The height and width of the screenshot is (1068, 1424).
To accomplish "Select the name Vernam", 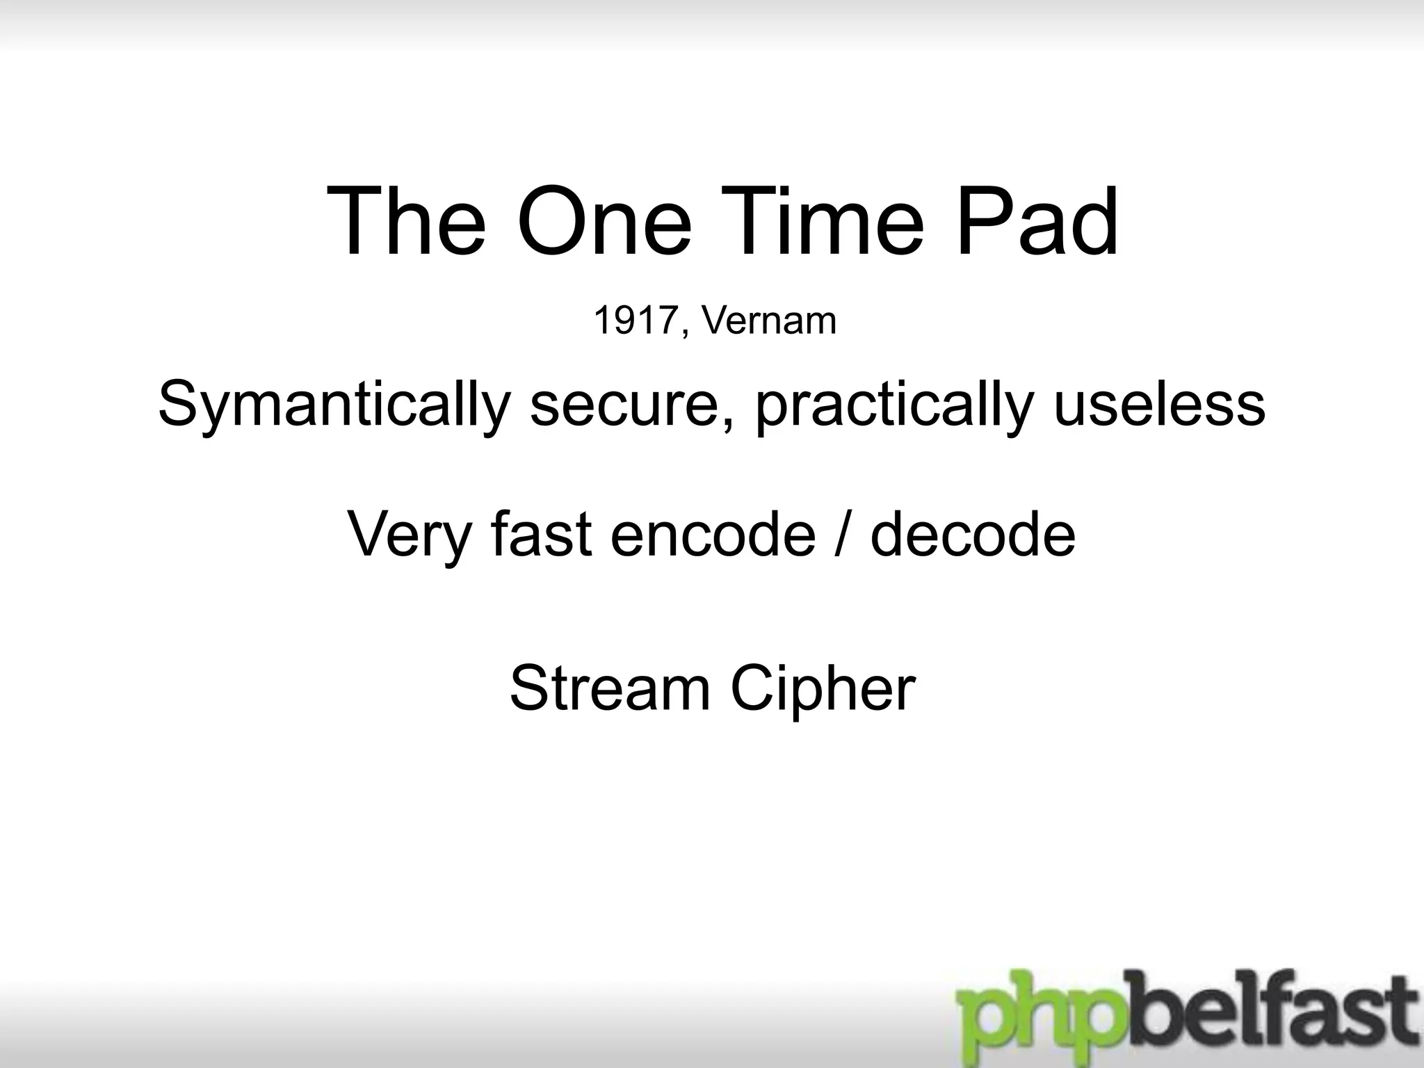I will click(x=768, y=321).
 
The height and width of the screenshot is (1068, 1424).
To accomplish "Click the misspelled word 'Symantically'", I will click(x=334, y=405).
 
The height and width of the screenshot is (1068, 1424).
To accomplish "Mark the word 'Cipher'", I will click(x=823, y=688).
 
